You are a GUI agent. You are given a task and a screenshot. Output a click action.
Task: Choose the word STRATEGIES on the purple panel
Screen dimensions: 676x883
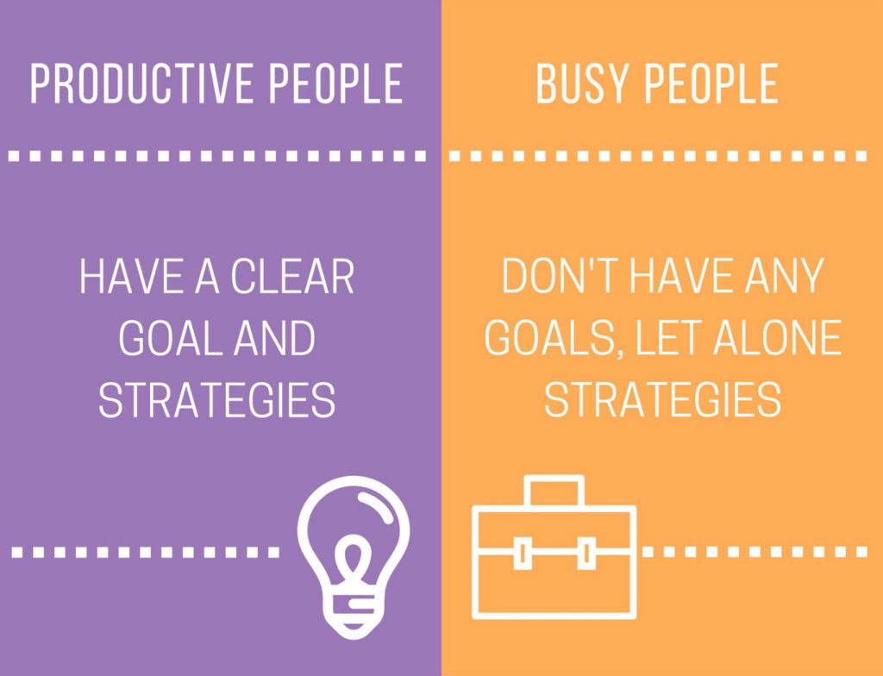click(x=216, y=400)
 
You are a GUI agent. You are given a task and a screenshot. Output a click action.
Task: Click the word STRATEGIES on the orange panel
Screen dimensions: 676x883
click(x=662, y=400)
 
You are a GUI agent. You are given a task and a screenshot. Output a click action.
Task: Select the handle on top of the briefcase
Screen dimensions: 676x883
click(x=554, y=490)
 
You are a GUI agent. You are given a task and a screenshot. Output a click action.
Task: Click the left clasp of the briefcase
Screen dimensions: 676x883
click(x=522, y=552)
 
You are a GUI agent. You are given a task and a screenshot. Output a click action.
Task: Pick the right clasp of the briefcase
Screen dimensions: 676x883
click(x=586, y=552)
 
